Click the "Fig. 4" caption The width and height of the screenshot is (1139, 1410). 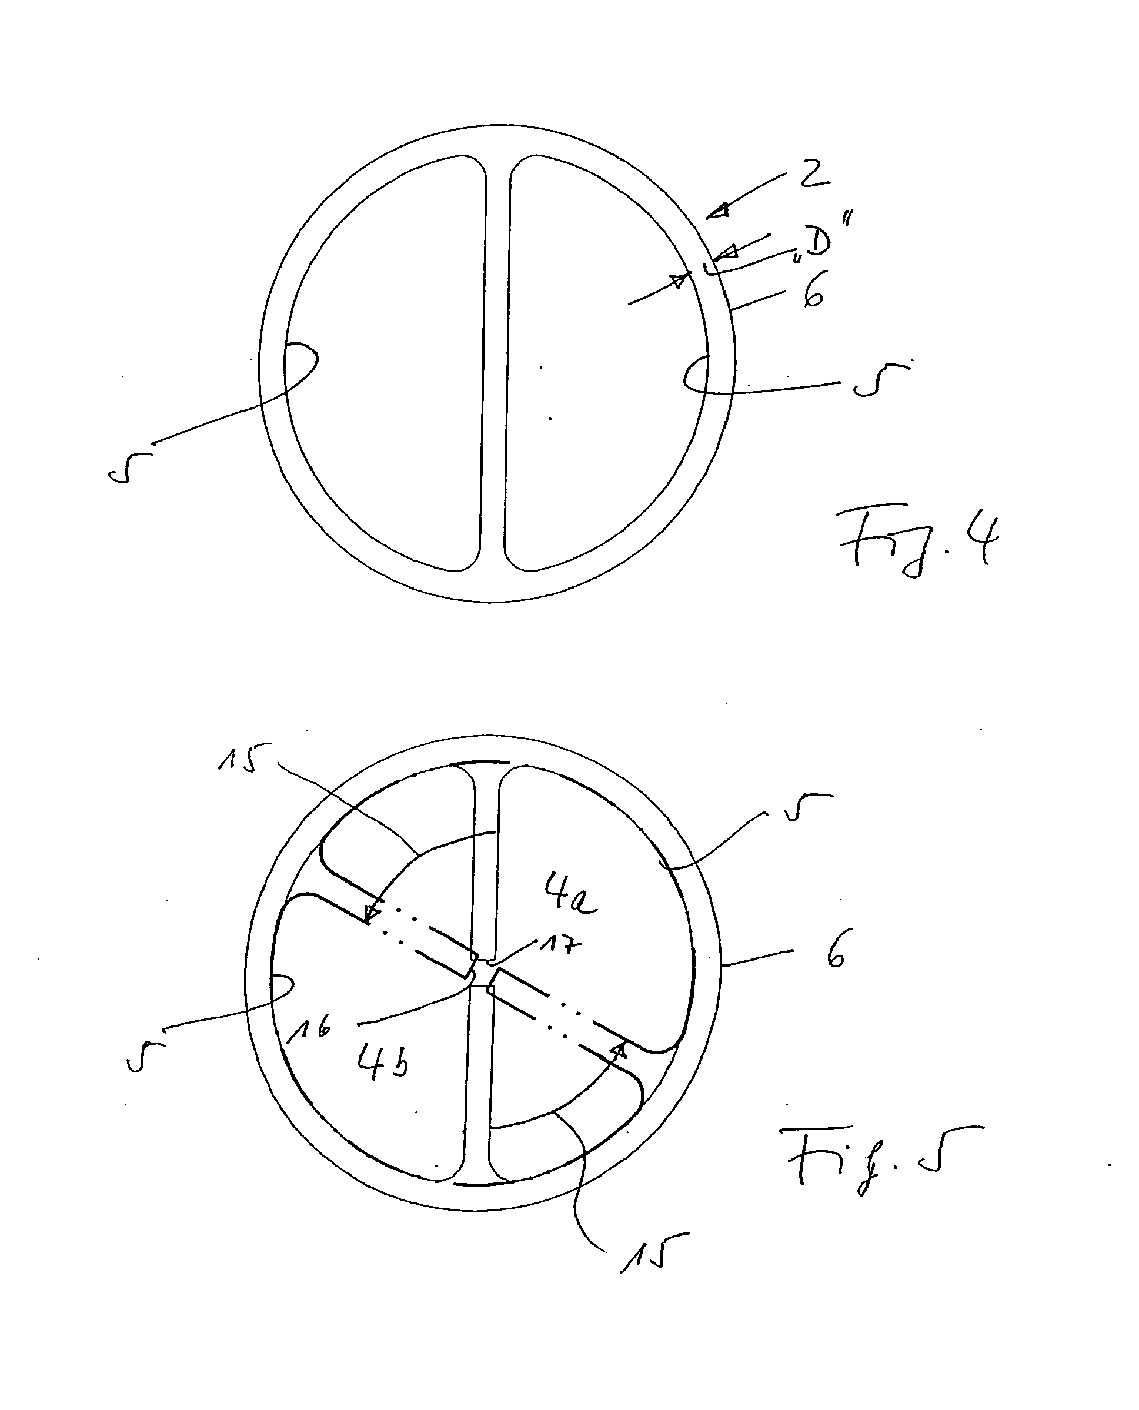(918, 544)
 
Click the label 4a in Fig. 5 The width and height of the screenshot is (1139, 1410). (569, 894)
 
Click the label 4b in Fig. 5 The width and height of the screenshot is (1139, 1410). (383, 1061)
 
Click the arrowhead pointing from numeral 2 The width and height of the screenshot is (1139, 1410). (719, 211)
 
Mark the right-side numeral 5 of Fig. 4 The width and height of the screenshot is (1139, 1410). (880, 379)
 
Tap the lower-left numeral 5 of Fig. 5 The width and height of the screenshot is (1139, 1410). (144, 1055)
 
